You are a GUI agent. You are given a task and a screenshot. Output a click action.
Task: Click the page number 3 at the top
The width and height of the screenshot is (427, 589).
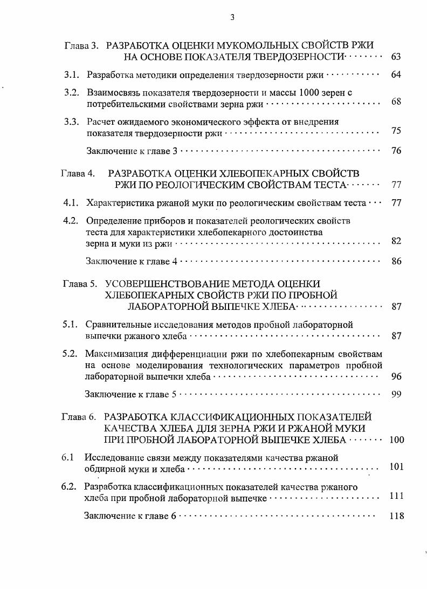pyautogui.click(x=232, y=17)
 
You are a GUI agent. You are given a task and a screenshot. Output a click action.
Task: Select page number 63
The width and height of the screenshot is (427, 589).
pyautogui.click(x=396, y=57)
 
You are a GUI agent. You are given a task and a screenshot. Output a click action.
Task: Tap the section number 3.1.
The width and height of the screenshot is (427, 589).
pyautogui.click(x=72, y=75)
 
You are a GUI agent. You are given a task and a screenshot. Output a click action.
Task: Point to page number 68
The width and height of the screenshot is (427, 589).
pyautogui.click(x=396, y=102)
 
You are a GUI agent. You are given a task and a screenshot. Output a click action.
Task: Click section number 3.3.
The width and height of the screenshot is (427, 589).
pyautogui.click(x=72, y=121)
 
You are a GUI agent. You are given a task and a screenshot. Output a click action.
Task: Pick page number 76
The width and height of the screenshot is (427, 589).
pyautogui.click(x=396, y=151)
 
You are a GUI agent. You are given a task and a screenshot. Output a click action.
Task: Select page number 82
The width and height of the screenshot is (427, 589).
pyautogui.click(x=396, y=241)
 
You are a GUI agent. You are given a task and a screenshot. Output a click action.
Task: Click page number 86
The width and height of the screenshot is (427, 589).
pyautogui.click(x=396, y=262)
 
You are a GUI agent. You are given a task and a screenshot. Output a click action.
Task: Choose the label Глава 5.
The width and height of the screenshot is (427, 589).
pyautogui.click(x=80, y=284)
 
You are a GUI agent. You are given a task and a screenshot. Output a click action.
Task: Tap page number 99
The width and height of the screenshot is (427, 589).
pyautogui.click(x=396, y=394)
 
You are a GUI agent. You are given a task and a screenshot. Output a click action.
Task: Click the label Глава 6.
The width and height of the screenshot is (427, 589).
pyautogui.click(x=79, y=417)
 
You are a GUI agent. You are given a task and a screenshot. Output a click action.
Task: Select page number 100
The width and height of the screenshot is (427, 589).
pyautogui.click(x=396, y=439)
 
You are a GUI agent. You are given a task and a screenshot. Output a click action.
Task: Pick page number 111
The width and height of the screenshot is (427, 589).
pyautogui.click(x=396, y=496)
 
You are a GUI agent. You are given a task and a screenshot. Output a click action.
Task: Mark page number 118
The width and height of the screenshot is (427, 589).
pyautogui.click(x=396, y=516)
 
